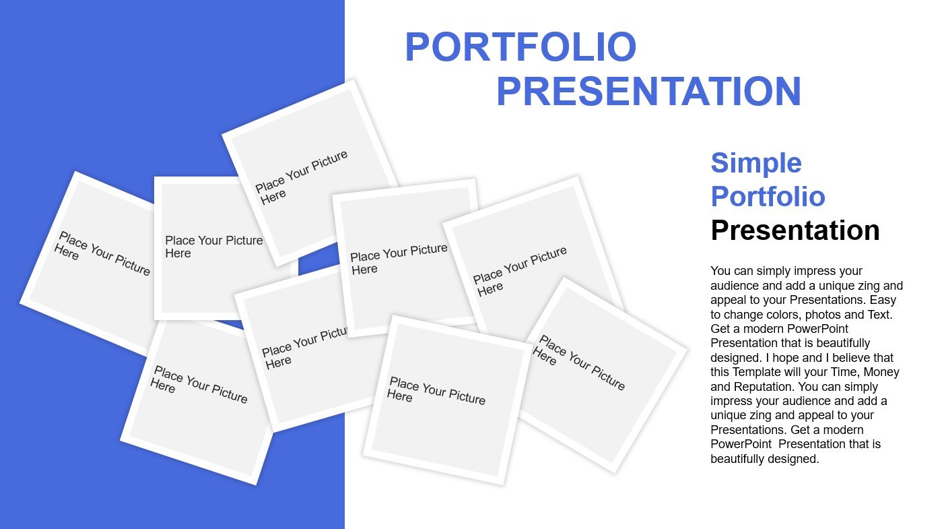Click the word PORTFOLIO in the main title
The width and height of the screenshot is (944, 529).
pos(520,46)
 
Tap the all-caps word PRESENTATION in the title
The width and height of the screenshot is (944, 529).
pos(648,91)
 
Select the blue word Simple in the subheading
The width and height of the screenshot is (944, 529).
pos(756,163)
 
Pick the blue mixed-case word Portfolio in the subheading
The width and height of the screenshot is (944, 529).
pos(768,197)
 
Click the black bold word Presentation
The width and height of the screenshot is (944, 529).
pos(795,230)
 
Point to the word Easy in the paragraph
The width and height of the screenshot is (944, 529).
pos(883,300)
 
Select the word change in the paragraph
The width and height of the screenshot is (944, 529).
pos(742,315)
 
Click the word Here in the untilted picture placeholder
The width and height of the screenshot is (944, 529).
pos(178,253)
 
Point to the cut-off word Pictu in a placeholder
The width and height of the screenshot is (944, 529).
pos(334,334)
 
